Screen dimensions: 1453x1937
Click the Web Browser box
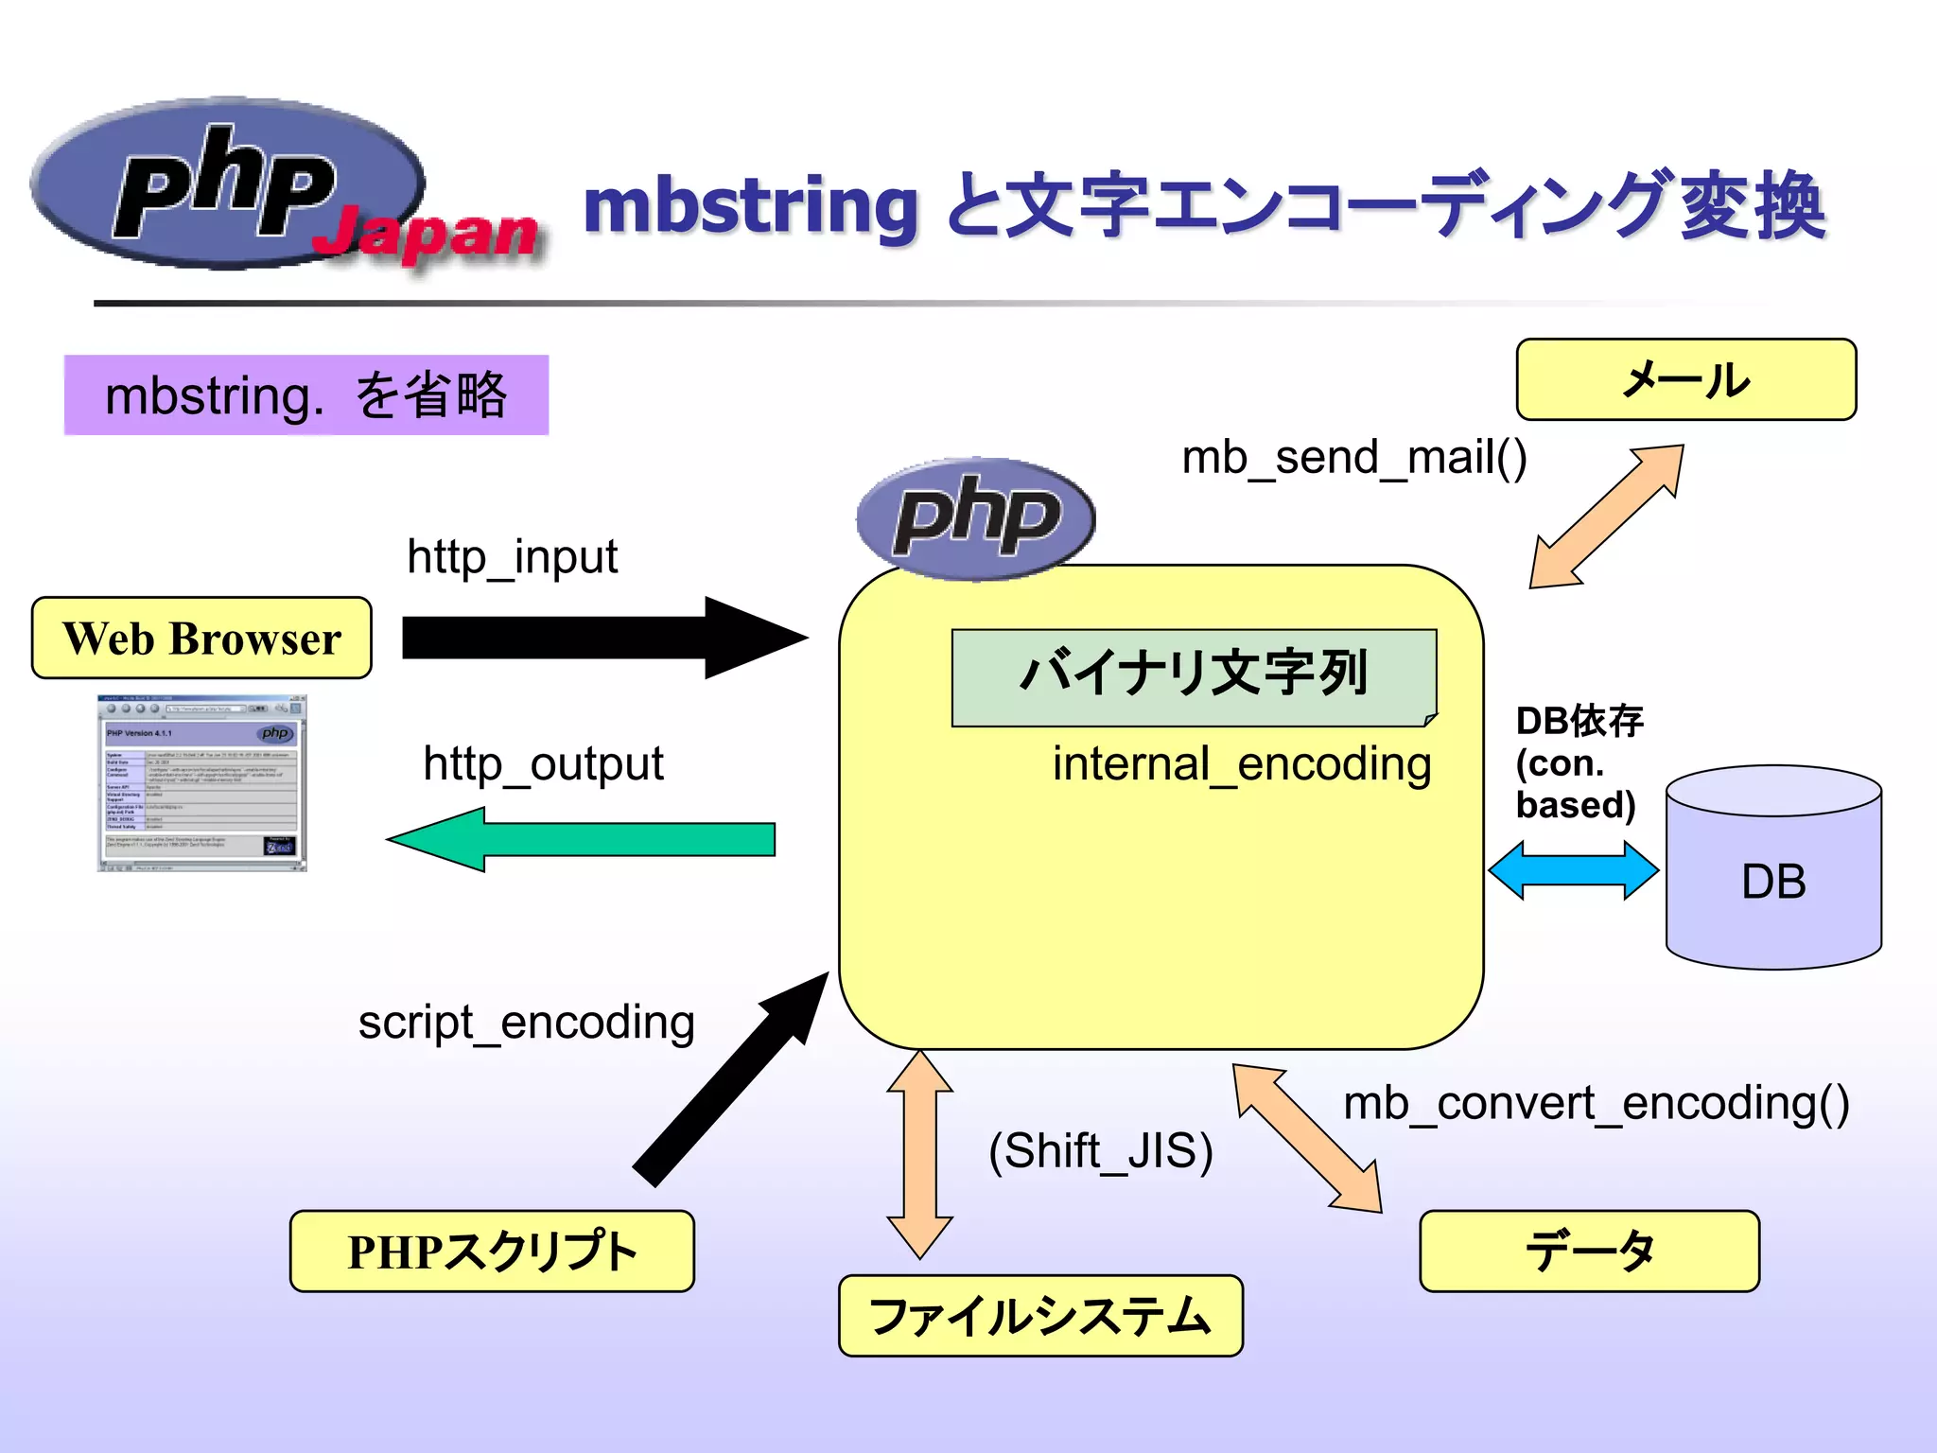tap(201, 638)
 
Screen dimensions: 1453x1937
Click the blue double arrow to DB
tap(1573, 870)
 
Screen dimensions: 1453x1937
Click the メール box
tap(1685, 379)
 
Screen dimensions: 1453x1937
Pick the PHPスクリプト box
tap(492, 1251)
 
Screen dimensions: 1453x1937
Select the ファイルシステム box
tap(1040, 1316)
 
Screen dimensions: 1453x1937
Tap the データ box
tap(1589, 1251)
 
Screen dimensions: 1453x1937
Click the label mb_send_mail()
tap(1354, 458)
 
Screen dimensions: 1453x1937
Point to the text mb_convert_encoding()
tap(1597, 1103)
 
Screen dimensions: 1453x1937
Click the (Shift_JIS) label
tap(1101, 1150)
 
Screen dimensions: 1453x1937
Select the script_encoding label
tap(527, 1023)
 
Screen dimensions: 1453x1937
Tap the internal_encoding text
tap(1242, 763)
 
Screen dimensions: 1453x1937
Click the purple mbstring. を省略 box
tap(306, 395)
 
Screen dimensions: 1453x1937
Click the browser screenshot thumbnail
tap(202, 783)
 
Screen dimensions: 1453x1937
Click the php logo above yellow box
tap(976, 518)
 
